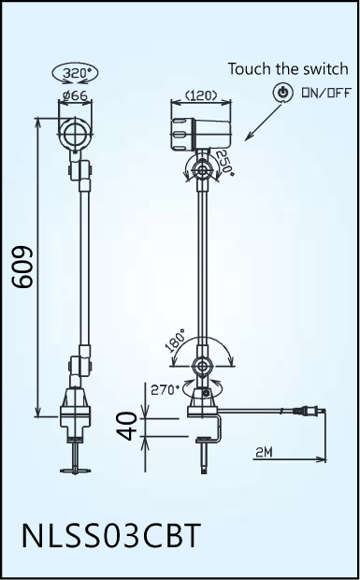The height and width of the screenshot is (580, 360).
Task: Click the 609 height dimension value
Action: [x=23, y=267]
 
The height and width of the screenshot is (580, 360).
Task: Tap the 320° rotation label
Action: [x=76, y=73]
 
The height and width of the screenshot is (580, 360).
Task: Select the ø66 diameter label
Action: [x=75, y=95]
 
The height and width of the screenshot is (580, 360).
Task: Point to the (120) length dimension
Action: [x=201, y=96]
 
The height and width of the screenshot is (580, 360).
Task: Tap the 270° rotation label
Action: [x=165, y=390]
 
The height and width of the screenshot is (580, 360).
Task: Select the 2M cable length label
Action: [x=264, y=452]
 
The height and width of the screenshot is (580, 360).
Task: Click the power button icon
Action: [x=282, y=92]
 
